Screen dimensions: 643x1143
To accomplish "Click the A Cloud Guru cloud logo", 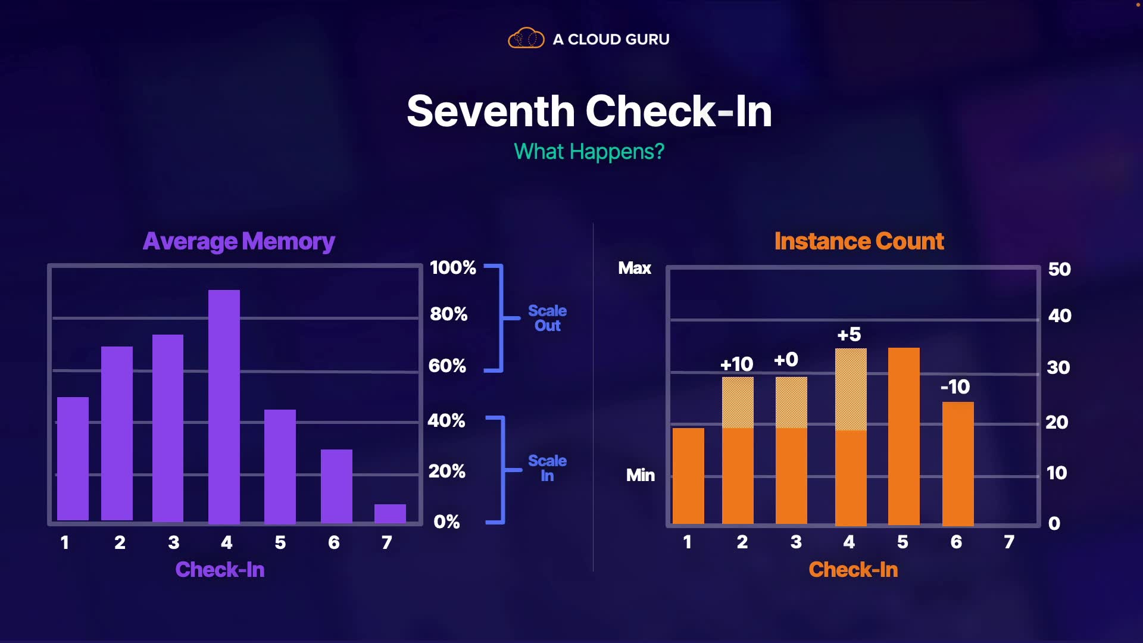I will (526, 39).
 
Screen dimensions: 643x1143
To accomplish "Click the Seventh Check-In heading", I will (589, 111).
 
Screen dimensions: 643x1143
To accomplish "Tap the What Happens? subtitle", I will (589, 152).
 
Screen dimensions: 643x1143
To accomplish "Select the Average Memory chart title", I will (239, 241).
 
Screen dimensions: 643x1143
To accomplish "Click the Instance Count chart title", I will (859, 241).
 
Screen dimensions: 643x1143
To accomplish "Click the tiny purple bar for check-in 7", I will (390, 513).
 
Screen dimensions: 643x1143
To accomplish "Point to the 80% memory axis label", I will (449, 314).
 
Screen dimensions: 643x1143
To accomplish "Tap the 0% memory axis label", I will (446, 522).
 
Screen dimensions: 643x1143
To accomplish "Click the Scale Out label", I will (547, 318).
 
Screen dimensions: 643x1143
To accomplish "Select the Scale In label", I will (547, 468).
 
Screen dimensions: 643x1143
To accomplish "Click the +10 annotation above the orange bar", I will (736, 364).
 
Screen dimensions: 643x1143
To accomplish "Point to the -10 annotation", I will (955, 386).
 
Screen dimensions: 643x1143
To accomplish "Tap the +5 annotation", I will (849, 335).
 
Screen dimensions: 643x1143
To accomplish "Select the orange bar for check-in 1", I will (688, 476).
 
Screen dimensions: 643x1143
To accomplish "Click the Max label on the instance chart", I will (635, 268).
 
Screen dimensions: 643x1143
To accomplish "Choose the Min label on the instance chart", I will (640, 475).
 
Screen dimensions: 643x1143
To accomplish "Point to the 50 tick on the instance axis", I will (1059, 269).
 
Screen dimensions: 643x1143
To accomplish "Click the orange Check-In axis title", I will (853, 570).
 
